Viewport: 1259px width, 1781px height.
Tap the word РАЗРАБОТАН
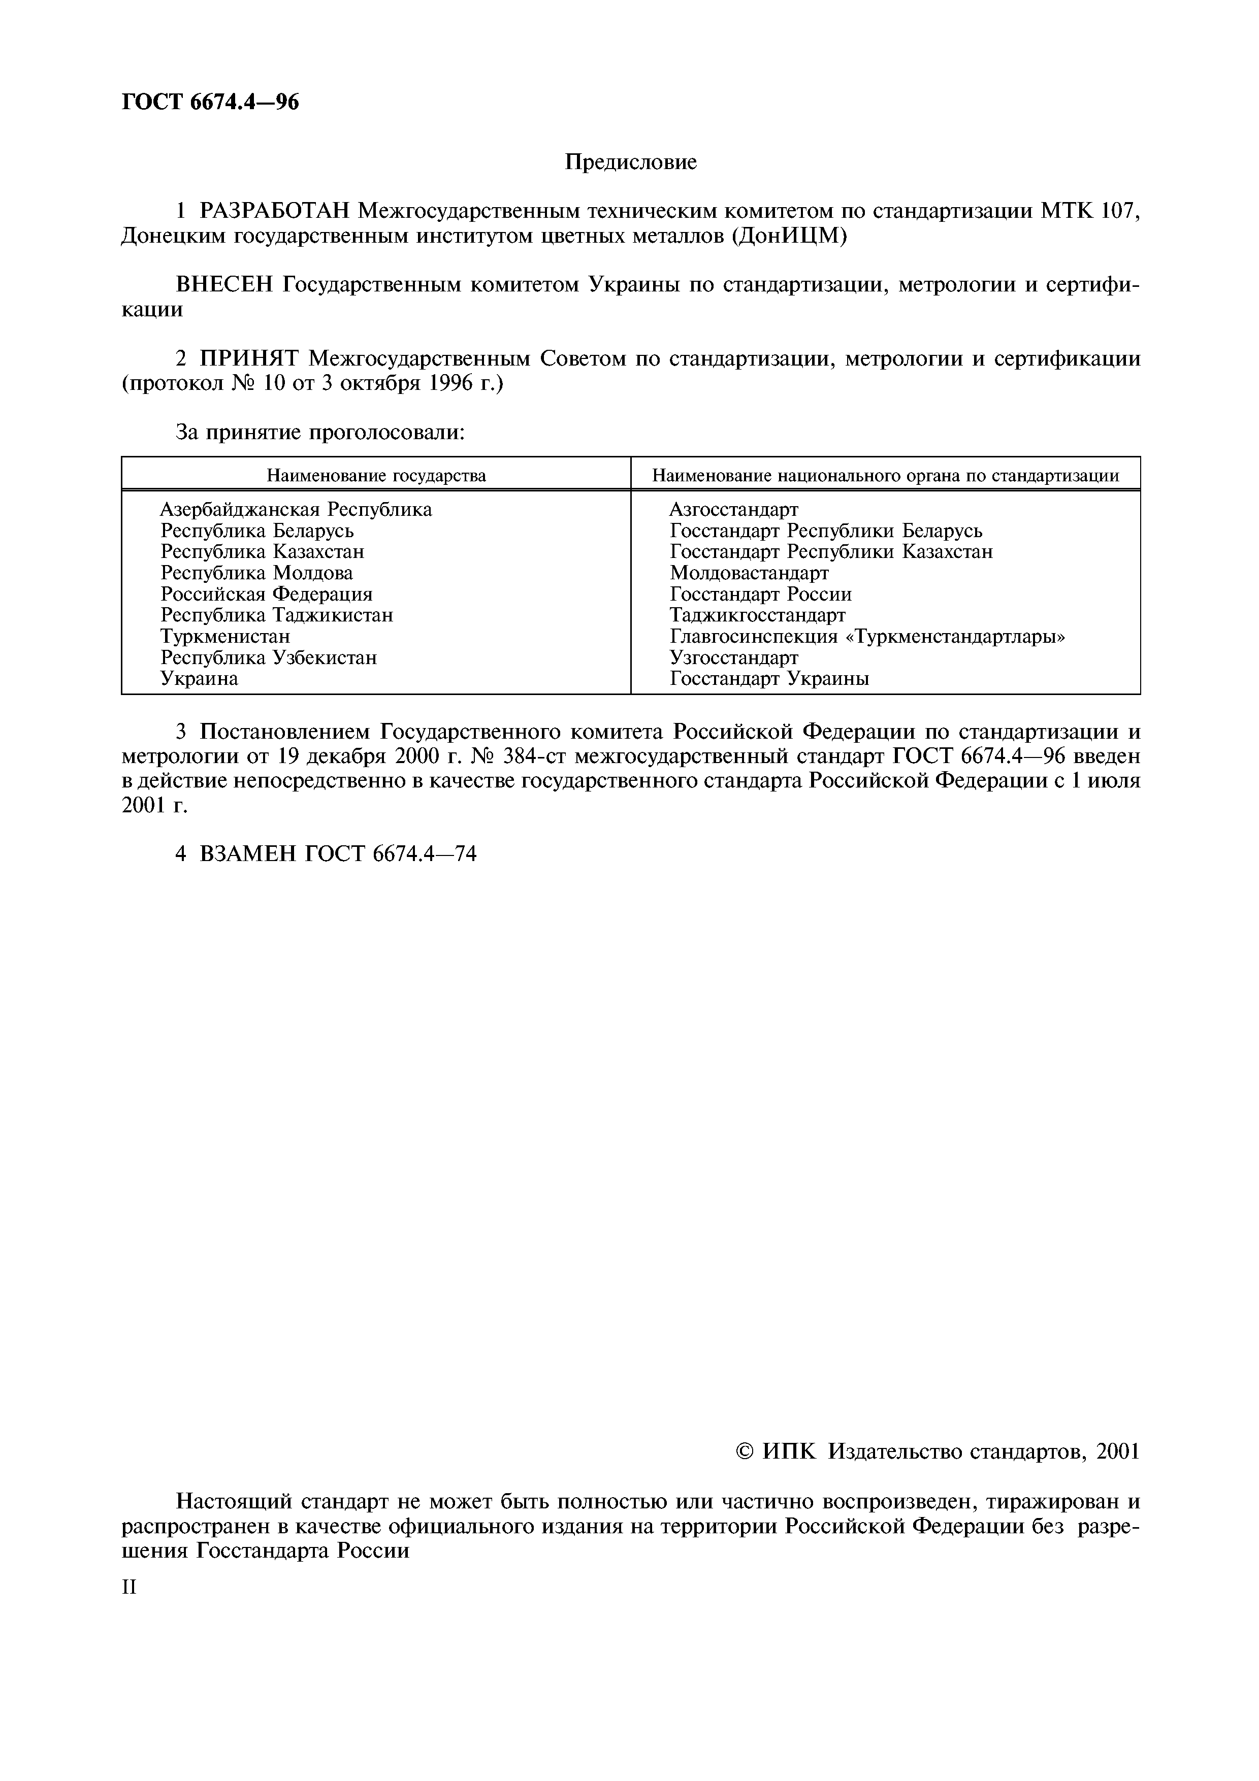tap(275, 211)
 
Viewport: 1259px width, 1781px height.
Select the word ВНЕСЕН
tap(225, 285)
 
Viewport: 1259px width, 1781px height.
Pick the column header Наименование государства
tap(376, 476)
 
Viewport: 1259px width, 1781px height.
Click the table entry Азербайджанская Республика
tap(296, 510)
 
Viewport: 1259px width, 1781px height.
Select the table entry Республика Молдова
tap(257, 573)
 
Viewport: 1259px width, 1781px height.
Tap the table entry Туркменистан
tap(225, 636)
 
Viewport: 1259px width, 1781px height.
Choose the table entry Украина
tap(200, 679)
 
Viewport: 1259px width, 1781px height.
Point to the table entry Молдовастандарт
tap(749, 573)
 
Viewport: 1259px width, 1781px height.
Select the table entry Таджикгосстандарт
tap(757, 615)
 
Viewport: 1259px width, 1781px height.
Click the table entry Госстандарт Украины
tap(769, 679)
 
